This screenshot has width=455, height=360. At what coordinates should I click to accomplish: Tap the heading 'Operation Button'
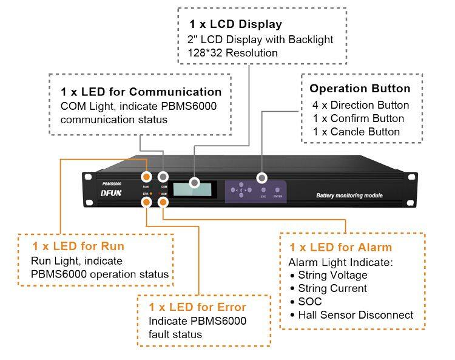pyautogui.click(x=360, y=89)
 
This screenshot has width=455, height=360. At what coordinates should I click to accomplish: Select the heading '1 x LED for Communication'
pyautogui.click(x=141, y=92)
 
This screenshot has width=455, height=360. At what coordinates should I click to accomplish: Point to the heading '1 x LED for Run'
pyautogui.click(x=79, y=246)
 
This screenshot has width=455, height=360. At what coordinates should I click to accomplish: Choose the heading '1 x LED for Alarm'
pyautogui.click(x=340, y=247)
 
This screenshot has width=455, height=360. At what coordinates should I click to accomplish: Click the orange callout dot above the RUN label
pyautogui.click(x=146, y=177)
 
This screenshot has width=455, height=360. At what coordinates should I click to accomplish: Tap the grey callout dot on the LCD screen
pyautogui.click(x=195, y=182)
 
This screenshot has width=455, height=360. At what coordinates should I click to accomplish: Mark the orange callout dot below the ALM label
pyautogui.click(x=163, y=202)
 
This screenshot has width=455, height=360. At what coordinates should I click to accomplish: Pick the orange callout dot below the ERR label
pyautogui.click(x=146, y=202)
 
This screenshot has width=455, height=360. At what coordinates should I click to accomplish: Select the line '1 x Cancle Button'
pyautogui.click(x=356, y=132)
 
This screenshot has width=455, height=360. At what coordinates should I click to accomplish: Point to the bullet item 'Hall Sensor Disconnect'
pyautogui.click(x=356, y=315)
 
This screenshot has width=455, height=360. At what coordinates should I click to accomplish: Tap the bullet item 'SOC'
pyautogui.click(x=310, y=302)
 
